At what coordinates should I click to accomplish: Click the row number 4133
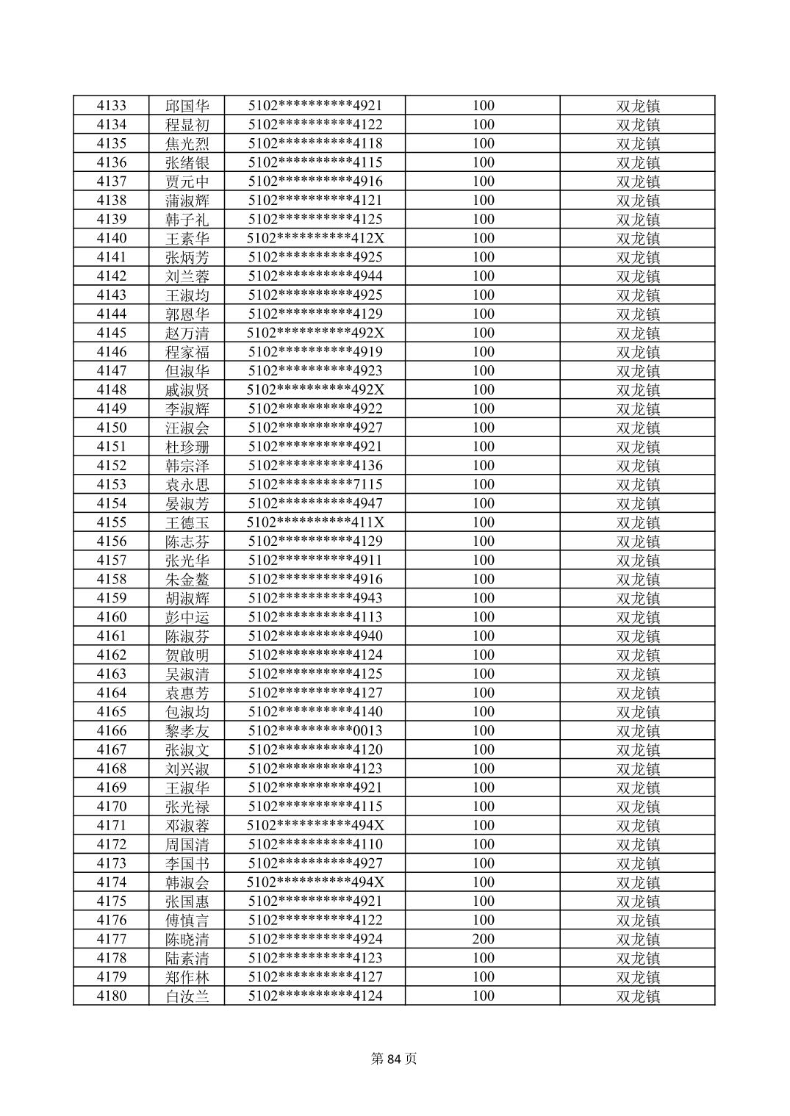(x=111, y=105)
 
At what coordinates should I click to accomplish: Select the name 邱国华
(x=187, y=105)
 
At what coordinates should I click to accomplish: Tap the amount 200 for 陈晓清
(x=483, y=939)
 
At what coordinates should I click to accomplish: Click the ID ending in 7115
(x=315, y=484)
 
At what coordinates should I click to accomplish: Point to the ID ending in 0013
(x=315, y=730)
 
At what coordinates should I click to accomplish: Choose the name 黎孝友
(x=187, y=730)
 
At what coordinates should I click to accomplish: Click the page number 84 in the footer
(x=394, y=1059)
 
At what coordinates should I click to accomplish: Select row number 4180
(x=111, y=996)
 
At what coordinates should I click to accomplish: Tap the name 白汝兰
(x=187, y=996)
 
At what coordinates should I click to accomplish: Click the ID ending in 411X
(x=315, y=522)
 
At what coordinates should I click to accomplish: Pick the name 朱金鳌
(x=187, y=579)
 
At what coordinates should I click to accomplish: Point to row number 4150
(x=111, y=428)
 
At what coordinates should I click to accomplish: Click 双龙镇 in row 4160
(x=637, y=617)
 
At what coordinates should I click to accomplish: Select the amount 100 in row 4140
(x=483, y=238)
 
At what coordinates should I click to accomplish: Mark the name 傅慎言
(x=187, y=920)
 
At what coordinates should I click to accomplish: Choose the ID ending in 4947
(x=315, y=503)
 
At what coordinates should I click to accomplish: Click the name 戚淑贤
(x=187, y=389)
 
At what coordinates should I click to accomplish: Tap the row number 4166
(x=111, y=730)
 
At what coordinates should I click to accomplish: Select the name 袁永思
(x=187, y=484)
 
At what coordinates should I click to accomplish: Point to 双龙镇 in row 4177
(x=637, y=939)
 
